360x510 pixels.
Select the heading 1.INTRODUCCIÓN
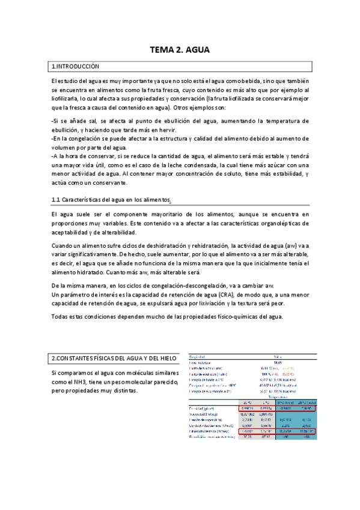click(x=75, y=66)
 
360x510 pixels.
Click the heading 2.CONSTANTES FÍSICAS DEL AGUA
click(x=114, y=358)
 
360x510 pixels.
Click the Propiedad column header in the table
click(x=198, y=356)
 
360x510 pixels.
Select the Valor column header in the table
click(x=278, y=356)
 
